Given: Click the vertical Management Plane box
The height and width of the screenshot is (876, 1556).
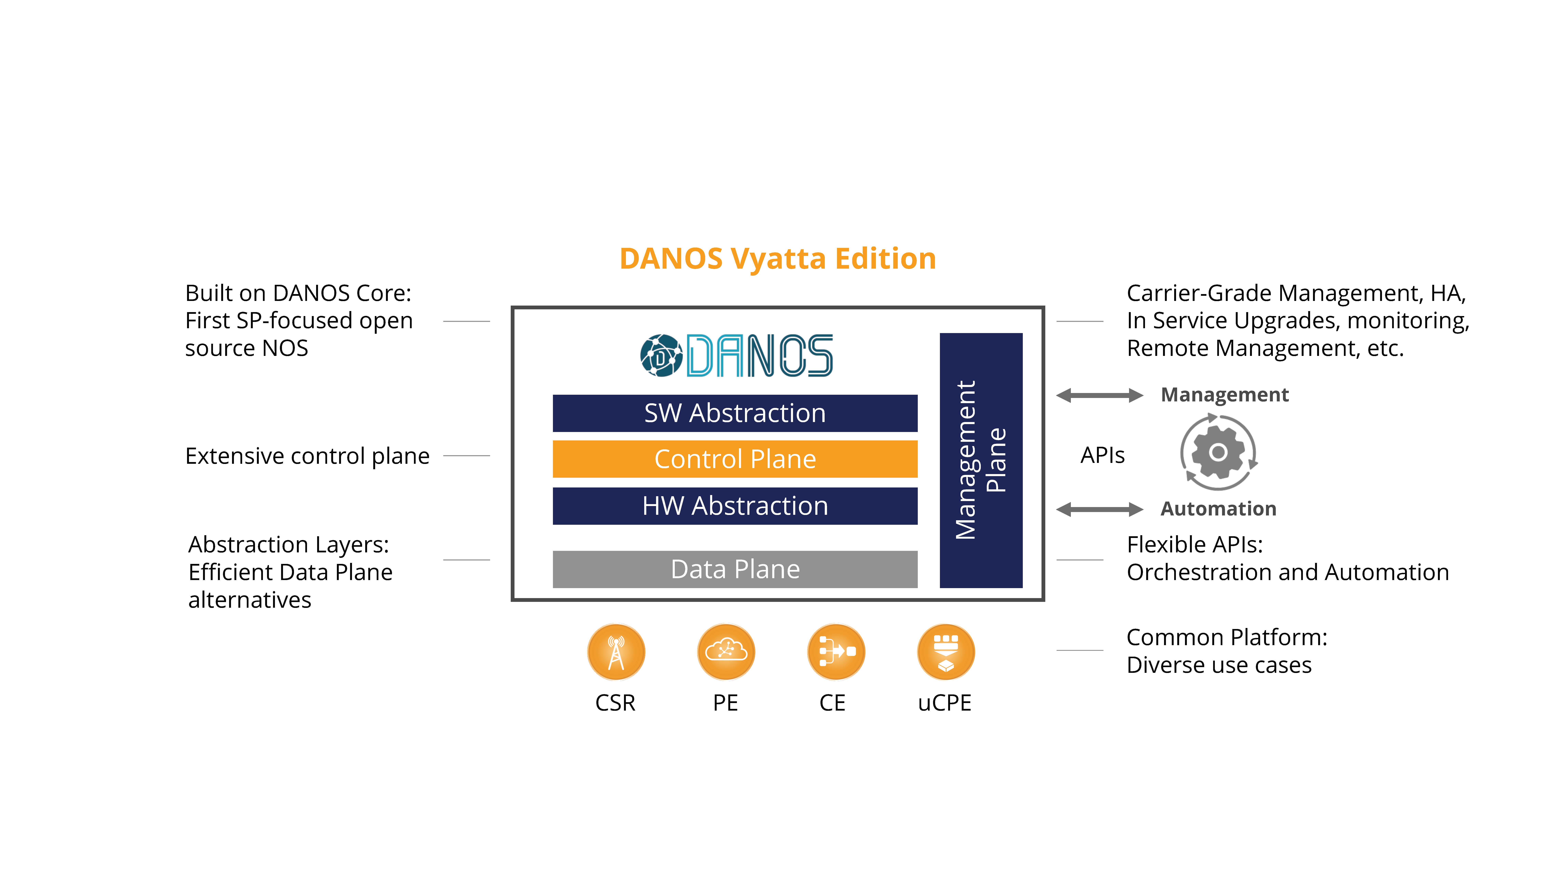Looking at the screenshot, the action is click(981, 460).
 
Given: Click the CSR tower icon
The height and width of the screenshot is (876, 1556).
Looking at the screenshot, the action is click(616, 652).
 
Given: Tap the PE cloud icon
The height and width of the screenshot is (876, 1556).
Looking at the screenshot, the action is click(726, 652).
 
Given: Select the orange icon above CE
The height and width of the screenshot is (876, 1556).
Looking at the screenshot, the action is click(836, 652).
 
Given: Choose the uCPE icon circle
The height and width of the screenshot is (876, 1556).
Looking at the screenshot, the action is click(946, 652).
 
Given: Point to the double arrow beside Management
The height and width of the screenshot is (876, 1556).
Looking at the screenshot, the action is click(1099, 395).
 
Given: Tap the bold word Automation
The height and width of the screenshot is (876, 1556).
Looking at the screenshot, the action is click(1218, 509).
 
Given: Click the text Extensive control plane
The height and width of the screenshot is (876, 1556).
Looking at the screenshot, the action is click(308, 456).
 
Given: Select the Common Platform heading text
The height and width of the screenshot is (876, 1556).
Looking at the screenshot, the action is click(1227, 637).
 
